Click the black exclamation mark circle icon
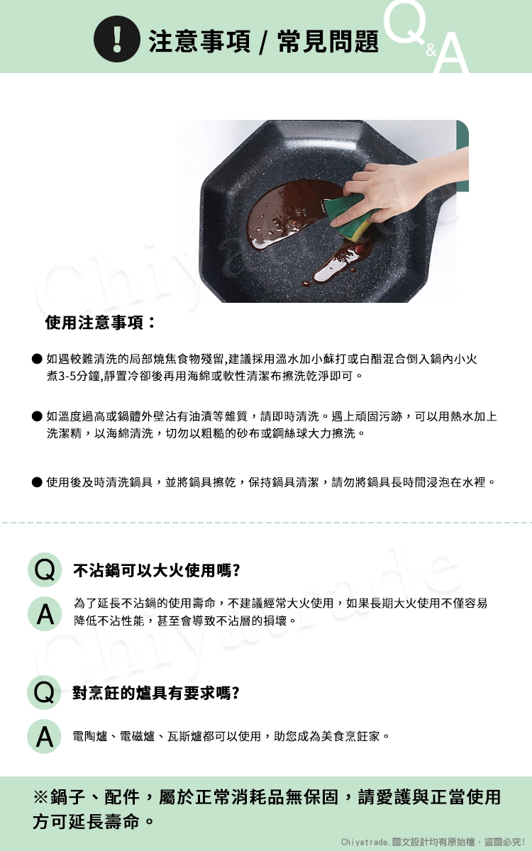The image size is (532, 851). (x=116, y=39)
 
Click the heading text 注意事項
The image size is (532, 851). (x=199, y=41)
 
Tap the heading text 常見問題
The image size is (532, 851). (x=328, y=41)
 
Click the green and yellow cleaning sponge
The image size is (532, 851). (x=348, y=217)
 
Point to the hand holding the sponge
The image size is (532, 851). (x=403, y=186)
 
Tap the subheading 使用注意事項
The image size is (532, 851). (x=100, y=323)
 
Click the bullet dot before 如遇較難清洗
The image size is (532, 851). (x=37, y=359)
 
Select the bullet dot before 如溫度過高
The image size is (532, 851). (x=37, y=416)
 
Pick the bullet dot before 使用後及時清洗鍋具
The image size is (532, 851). (x=37, y=482)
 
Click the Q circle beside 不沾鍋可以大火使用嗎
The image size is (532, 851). (x=45, y=570)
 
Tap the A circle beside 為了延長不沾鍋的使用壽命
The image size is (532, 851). (x=45, y=614)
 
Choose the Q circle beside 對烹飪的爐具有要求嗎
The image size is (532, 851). (x=44, y=693)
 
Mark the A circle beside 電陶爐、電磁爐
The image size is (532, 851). (x=44, y=737)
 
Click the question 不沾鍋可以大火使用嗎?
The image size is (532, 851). (x=156, y=571)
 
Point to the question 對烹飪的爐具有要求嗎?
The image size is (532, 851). (x=156, y=694)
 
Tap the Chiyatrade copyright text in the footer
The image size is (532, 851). (x=433, y=842)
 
